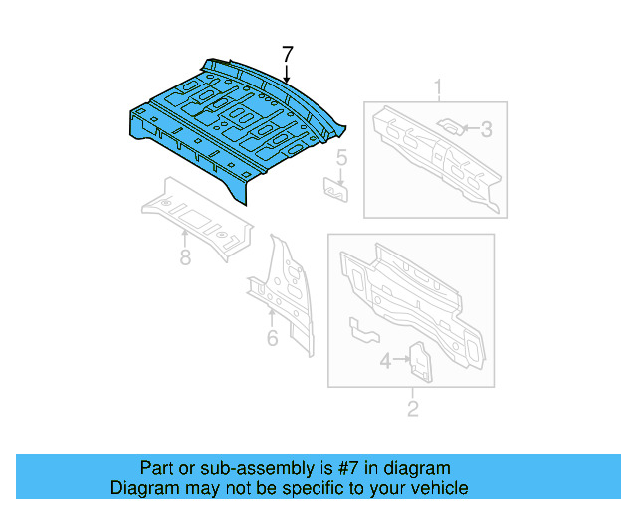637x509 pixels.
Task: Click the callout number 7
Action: tap(287, 54)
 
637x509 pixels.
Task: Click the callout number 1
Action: tap(436, 91)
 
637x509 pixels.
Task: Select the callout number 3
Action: tap(487, 128)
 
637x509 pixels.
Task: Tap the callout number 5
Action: tap(340, 157)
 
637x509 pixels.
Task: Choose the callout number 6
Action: tap(272, 339)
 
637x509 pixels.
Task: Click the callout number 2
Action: tap(412, 407)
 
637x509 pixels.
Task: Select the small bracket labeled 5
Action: tap(335, 188)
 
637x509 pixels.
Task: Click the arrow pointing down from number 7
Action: tap(287, 72)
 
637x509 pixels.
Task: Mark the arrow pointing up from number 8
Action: tap(185, 238)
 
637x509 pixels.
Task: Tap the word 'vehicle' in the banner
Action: tap(437, 488)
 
